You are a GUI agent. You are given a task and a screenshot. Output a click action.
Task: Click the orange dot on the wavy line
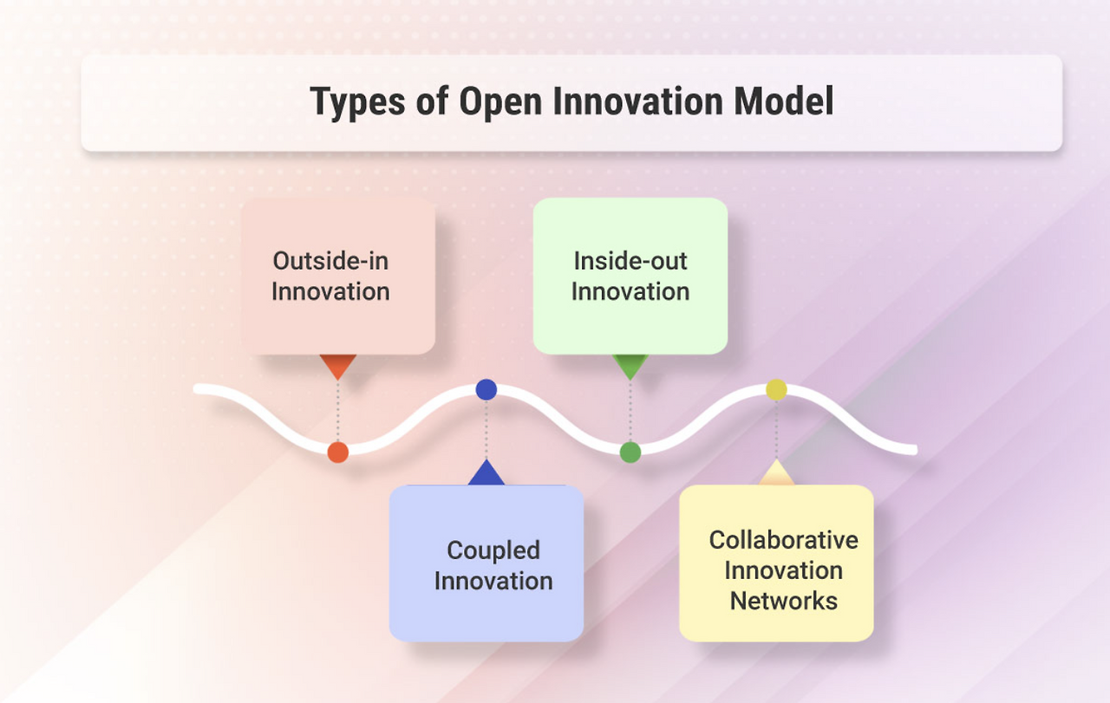[338, 452]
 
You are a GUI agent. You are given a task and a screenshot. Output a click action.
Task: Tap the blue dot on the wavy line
[486, 389]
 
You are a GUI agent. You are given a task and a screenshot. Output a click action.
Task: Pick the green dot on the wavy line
[630, 452]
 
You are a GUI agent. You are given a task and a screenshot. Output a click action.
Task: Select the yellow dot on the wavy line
[776, 389]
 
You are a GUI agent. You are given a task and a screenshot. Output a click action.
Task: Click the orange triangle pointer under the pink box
[338, 365]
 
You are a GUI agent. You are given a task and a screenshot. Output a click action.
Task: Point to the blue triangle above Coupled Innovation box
[486, 474]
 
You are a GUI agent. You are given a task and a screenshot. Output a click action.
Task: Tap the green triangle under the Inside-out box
[630, 365]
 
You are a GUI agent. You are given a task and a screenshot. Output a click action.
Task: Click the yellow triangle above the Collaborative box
[776, 473]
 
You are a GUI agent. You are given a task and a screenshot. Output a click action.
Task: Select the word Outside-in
[330, 260]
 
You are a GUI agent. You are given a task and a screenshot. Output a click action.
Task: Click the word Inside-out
[630, 260]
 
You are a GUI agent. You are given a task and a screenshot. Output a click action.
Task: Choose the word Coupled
[493, 550]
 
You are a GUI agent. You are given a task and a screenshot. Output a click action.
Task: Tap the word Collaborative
[784, 539]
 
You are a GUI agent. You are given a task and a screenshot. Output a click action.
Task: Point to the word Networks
[784, 601]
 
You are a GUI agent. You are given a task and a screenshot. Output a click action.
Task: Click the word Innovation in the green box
[630, 291]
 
